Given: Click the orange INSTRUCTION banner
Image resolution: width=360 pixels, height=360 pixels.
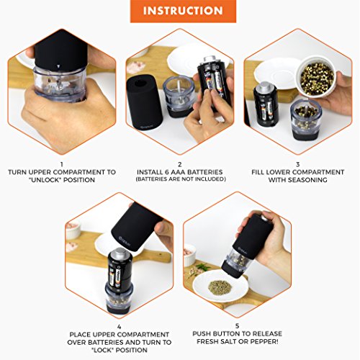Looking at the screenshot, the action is point(183,12).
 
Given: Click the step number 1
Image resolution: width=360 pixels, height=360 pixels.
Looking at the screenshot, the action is point(62,164).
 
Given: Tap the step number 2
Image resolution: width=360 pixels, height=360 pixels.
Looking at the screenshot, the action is point(180,164).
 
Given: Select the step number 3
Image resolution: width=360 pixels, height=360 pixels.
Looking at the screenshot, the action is point(297,164).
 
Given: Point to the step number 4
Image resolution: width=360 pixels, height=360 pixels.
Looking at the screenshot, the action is point(120,327).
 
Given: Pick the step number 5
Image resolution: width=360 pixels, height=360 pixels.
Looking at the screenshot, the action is point(238,326).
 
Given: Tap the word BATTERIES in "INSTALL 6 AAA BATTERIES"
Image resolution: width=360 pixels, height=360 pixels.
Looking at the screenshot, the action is point(204,172).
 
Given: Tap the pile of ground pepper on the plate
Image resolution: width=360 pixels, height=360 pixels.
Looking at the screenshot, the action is point(219,287).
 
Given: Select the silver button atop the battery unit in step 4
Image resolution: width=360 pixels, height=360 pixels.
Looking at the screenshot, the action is point(120,253).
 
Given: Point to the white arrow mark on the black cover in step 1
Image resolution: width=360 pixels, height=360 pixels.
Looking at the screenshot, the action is point(58,66).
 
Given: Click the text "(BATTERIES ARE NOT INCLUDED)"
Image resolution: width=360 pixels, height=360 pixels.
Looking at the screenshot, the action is point(181,179).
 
